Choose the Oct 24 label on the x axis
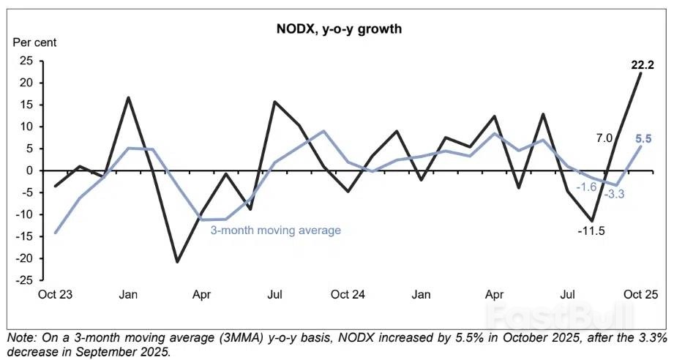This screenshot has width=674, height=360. click(348, 294)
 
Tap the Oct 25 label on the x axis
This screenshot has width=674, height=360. click(640, 294)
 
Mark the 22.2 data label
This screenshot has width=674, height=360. click(643, 65)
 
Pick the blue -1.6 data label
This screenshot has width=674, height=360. click(587, 187)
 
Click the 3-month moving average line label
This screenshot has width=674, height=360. click(276, 230)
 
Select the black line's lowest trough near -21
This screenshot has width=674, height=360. click(177, 261)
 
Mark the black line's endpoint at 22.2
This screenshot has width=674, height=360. click(641, 72)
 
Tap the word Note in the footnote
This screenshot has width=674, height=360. click(20, 338)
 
